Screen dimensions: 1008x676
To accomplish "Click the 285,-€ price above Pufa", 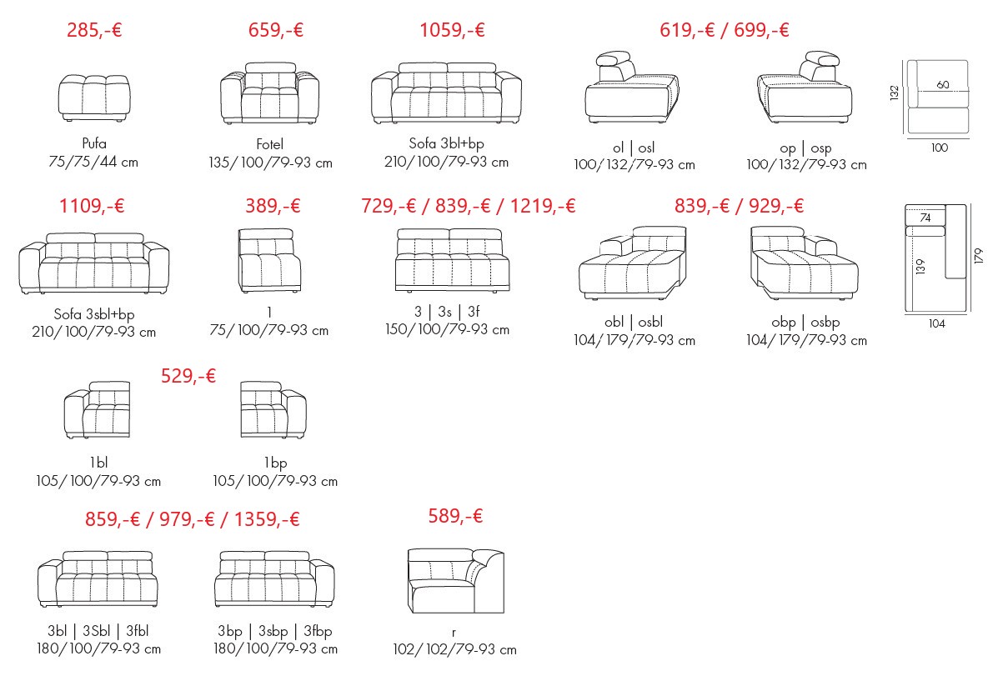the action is [x=94, y=30].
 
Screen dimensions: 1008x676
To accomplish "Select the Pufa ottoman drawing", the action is [x=94, y=98].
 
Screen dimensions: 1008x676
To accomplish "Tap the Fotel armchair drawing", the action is [x=270, y=93].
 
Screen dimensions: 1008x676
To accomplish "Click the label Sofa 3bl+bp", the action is [x=446, y=143].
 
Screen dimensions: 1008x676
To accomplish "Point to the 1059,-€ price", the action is [x=452, y=30].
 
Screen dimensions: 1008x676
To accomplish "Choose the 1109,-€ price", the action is [x=92, y=206].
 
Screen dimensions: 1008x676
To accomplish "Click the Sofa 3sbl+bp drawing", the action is [x=94, y=263].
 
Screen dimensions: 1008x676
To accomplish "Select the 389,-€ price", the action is [x=273, y=206].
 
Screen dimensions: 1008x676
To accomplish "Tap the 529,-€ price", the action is [x=188, y=376].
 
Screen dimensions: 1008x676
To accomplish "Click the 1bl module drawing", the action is [x=98, y=410].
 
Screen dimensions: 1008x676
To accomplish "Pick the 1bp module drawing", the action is [x=273, y=410].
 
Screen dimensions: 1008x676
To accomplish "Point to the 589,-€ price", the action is [x=455, y=516].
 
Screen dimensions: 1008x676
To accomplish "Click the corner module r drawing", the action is [x=456, y=581].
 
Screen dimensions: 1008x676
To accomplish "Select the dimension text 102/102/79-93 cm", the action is [x=455, y=649].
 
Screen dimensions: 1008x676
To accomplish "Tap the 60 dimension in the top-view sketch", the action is [x=943, y=84].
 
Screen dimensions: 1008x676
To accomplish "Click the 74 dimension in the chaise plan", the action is [x=925, y=218].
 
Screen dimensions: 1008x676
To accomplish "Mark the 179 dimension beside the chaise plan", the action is [x=978, y=255].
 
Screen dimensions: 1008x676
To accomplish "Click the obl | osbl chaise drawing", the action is [x=633, y=263].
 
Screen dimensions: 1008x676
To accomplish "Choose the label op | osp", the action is [x=805, y=148].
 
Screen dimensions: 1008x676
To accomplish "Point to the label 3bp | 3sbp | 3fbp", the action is [x=275, y=632].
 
